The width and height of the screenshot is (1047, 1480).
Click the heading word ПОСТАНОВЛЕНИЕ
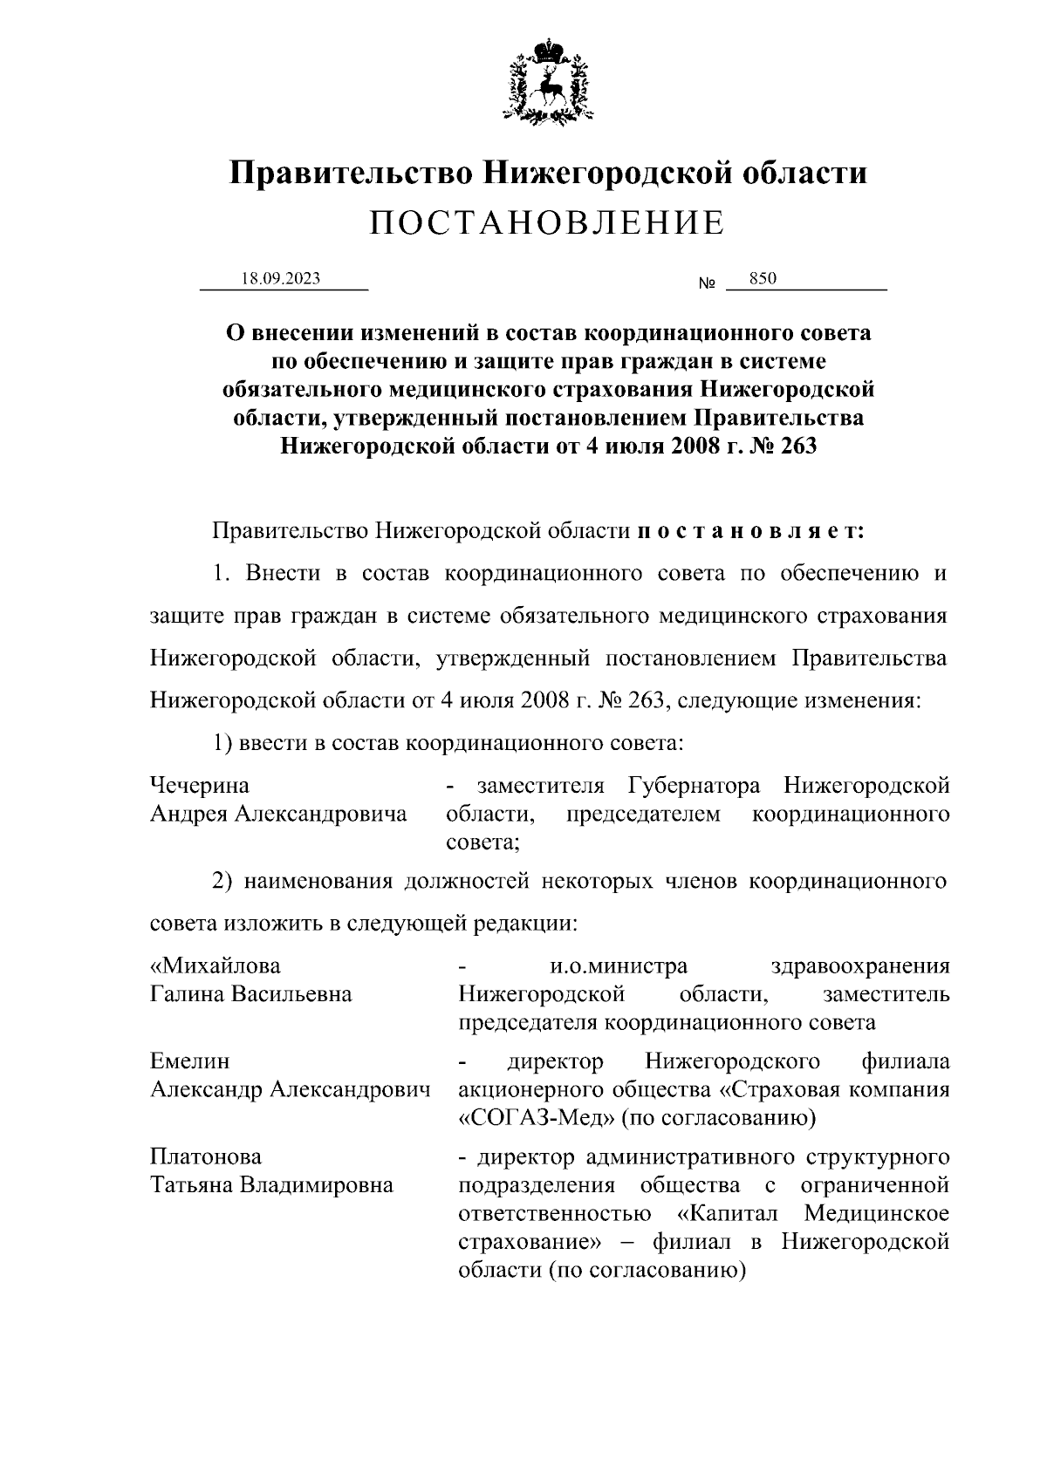547,224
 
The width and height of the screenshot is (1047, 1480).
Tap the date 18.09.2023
281,278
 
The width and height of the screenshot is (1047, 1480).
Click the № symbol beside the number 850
707,284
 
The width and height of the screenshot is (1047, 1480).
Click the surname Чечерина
200,787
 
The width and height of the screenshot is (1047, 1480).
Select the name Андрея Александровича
278,815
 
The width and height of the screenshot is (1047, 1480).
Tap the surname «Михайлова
216,966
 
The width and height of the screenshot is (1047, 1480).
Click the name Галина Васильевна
251,994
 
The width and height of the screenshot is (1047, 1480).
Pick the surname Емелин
190,1061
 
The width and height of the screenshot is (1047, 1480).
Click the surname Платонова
206,1157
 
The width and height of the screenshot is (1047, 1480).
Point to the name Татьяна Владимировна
271,1185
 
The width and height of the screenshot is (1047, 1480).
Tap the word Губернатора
694,787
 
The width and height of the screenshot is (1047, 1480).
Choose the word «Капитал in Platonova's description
732,1213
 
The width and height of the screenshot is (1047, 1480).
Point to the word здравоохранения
861,966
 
